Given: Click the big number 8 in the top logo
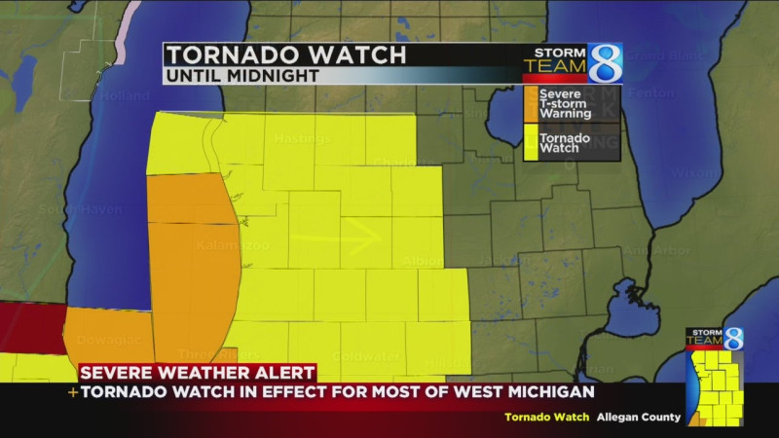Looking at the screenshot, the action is tap(604, 61).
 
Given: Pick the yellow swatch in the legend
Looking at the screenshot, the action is tap(531, 142).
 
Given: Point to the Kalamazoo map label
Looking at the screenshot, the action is tap(233, 244).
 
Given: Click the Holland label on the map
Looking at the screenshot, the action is tap(125, 97).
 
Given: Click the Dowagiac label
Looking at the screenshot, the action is tap(109, 341).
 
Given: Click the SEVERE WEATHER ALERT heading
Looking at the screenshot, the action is tap(197, 372).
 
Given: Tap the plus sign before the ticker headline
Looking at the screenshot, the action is tap(72, 392).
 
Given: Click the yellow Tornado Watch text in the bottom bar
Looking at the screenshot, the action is tap(546, 417).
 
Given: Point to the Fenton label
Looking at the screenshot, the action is tap(651, 92).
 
